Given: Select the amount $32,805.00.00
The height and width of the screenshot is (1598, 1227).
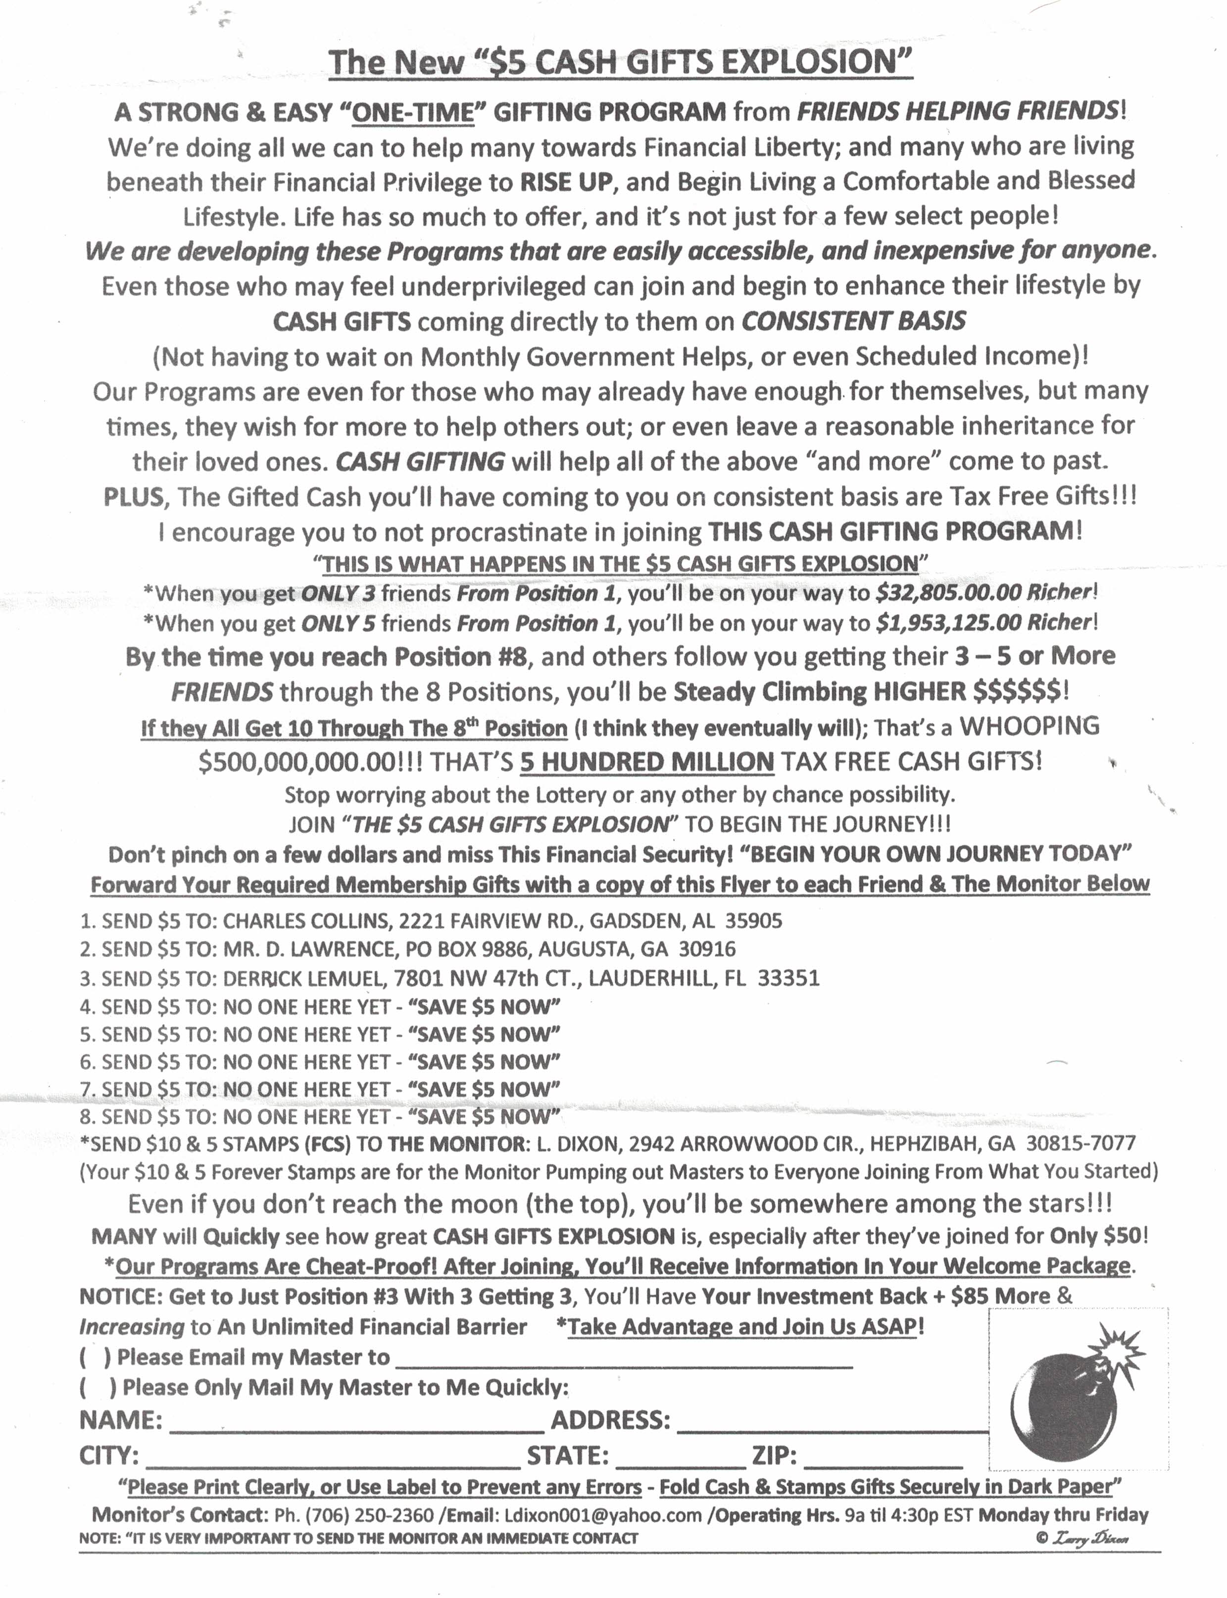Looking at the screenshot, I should click(947, 592).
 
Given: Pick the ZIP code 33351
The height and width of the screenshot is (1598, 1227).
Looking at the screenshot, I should click(788, 978).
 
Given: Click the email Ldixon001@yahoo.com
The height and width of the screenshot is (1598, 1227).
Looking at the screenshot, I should click(602, 1515).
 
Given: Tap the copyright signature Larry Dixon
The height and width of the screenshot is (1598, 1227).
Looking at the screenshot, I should click(1090, 1538).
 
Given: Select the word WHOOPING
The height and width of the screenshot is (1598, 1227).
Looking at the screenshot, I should click(1029, 726).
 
